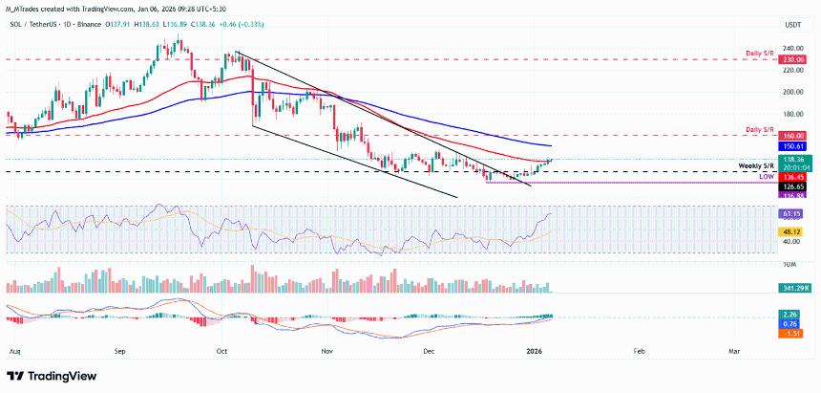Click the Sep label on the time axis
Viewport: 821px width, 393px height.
click(119, 352)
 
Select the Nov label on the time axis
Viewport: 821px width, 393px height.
click(327, 352)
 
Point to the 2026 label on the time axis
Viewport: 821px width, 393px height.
click(537, 352)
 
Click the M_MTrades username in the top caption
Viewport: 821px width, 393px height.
click(28, 9)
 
